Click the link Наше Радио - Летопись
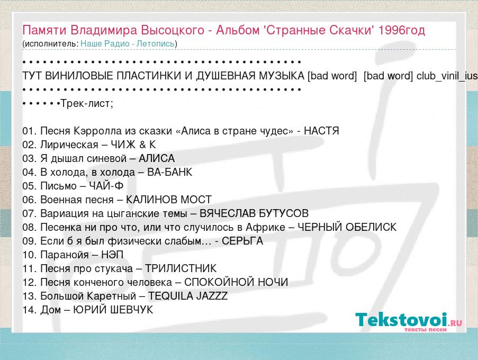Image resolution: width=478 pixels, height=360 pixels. (128, 43)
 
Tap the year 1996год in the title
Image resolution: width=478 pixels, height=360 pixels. (401, 30)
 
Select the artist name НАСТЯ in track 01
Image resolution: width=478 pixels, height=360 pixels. (321, 131)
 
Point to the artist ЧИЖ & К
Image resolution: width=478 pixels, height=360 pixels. (133, 145)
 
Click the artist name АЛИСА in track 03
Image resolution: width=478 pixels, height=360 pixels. (157, 158)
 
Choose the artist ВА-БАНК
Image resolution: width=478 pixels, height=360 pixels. (170, 172)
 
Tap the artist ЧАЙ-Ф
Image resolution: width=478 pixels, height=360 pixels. (106, 186)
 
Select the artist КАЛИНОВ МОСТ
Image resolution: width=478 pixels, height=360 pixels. (168, 200)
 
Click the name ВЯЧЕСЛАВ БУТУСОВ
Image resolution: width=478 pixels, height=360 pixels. (254, 213)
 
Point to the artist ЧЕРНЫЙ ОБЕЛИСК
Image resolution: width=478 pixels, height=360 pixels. (347, 227)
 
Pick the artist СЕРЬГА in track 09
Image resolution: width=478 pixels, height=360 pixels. (242, 241)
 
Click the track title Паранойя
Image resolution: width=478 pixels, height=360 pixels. (65, 255)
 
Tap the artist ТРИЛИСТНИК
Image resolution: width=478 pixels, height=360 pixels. (181, 268)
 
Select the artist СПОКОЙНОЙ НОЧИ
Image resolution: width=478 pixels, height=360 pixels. (236, 282)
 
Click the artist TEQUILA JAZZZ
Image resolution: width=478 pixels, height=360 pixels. (188, 296)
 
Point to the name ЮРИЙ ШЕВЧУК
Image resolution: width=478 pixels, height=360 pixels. (113, 310)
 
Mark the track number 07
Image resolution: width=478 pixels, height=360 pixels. (30, 213)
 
